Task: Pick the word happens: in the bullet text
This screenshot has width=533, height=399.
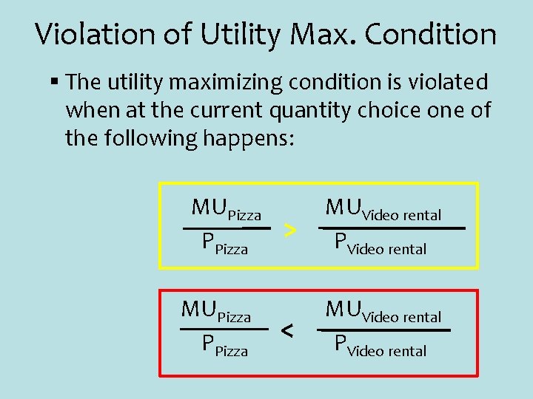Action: coord(248,138)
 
